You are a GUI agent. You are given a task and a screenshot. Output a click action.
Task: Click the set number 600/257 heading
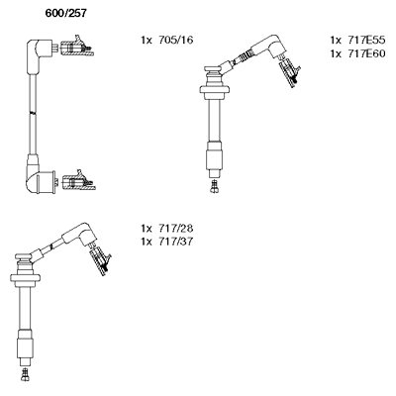pos(65,13)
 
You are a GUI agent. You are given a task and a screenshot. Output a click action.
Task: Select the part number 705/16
pos(175,41)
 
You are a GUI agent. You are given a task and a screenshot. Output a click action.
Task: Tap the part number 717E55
pos(366,41)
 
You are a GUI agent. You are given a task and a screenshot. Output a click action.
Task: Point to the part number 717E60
pos(366,53)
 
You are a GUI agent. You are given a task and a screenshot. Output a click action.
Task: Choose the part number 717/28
pos(175,229)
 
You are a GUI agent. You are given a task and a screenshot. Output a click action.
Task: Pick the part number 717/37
pos(175,242)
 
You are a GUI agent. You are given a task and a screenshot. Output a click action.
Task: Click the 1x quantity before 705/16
pos(147,41)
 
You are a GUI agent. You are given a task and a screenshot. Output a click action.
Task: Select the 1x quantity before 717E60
pos(336,53)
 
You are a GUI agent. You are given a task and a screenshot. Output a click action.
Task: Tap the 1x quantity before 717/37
pos(147,242)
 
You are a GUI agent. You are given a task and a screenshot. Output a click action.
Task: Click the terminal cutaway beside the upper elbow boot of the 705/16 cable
pos(77,47)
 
